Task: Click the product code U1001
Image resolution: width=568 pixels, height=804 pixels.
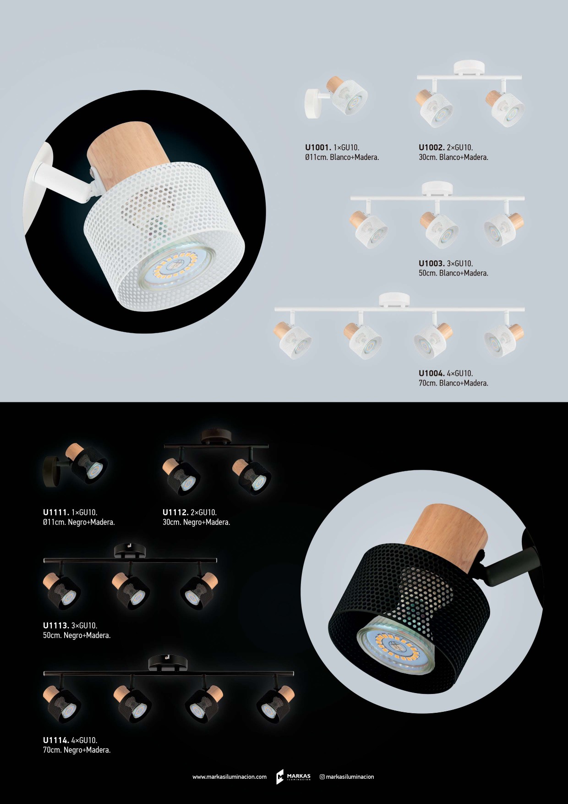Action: pyautogui.click(x=318, y=148)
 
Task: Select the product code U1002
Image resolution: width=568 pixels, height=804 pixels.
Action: pyautogui.click(x=431, y=148)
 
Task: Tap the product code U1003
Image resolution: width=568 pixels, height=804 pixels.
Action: pyautogui.click(x=431, y=264)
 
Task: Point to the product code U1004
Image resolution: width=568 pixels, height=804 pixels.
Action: pyautogui.click(x=431, y=374)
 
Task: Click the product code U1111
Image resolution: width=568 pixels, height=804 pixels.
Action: pyautogui.click(x=56, y=512)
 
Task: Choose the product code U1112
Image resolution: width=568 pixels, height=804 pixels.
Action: pyautogui.click(x=175, y=512)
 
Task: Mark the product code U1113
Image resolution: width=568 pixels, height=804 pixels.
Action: pyautogui.click(x=56, y=626)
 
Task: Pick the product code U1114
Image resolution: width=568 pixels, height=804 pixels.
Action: pyautogui.click(x=56, y=740)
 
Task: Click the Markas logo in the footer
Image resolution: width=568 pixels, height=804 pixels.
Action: pyautogui.click(x=293, y=776)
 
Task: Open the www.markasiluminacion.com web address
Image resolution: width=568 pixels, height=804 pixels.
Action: pyautogui.click(x=229, y=777)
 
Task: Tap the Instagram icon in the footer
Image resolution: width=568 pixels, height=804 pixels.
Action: pyautogui.click(x=322, y=777)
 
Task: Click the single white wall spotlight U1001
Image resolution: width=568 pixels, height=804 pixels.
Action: pyautogui.click(x=336, y=97)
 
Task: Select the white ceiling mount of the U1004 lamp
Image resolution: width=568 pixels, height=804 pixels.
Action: pyautogui.click(x=394, y=299)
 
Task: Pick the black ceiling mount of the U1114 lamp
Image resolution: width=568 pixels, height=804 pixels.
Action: pyautogui.click(x=168, y=663)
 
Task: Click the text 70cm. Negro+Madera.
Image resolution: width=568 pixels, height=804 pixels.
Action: pyautogui.click(x=77, y=750)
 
